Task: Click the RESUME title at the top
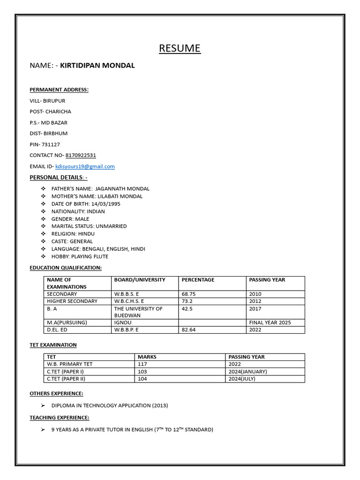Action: (180, 48)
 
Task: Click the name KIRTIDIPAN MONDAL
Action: (97, 66)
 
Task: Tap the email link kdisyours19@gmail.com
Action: (85, 166)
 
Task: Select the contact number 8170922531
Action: (81, 155)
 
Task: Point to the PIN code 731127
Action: (51, 144)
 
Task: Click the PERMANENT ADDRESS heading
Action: (59, 90)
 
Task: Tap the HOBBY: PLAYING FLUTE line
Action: (80, 256)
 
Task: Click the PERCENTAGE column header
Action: (198, 280)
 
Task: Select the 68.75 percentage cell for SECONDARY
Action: (188, 294)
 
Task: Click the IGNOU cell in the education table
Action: (123, 322)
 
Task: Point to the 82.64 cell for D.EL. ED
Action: (189, 330)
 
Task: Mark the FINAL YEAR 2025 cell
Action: (270, 322)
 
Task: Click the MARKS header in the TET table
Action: (147, 357)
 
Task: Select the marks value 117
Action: (142, 364)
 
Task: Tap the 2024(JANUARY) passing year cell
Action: (247, 371)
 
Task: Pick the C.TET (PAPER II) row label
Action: (66, 379)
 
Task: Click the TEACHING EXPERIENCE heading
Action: (60, 417)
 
